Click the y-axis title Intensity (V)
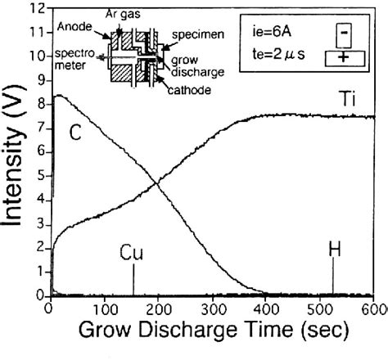(14, 155)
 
